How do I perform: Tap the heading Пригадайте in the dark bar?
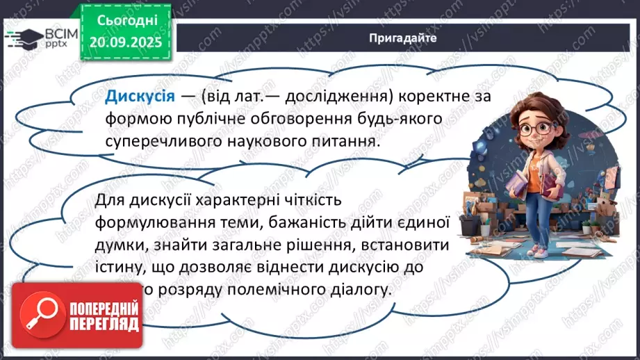coord(403,38)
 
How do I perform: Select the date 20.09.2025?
coord(124,41)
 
